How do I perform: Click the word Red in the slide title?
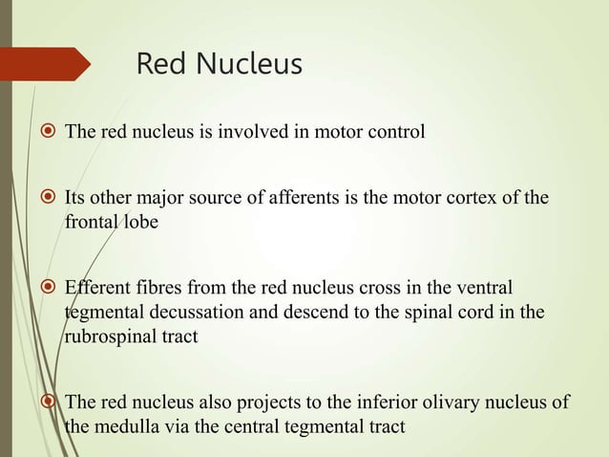pyautogui.click(x=162, y=65)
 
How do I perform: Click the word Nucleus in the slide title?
pyautogui.click(x=246, y=65)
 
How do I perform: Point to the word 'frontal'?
pyautogui.click(x=89, y=221)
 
